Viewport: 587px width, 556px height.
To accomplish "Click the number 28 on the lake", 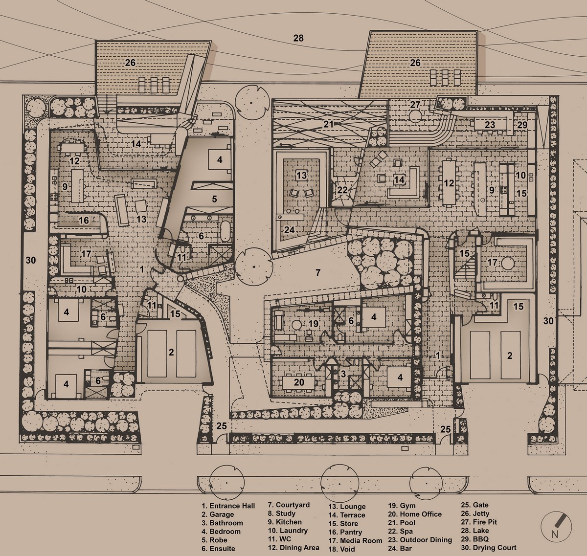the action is pyautogui.click(x=298, y=38).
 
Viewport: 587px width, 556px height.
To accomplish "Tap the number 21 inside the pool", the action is pyautogui.click(x=328, y=124).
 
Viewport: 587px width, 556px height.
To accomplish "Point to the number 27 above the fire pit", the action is pyautogui.click(x=415, y=105).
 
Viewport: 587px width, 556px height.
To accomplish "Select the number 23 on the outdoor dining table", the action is pyautogui.click(x=490, y=125).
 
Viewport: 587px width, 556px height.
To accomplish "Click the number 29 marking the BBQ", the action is pyautogui.click(x=522, y=125).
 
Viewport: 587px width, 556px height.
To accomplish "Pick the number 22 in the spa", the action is pyautogui.click(x=342, y=190).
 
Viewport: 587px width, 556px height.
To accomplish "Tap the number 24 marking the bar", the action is pyautogui.click(x=289, y=230).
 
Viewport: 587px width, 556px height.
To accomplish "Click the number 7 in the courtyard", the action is pyautogui.click(x=318, y=272).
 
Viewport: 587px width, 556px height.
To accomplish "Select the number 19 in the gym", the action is pyautogui.click(x=314, y=324).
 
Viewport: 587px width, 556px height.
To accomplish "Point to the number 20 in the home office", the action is pyautogui.click(x=299, y=382).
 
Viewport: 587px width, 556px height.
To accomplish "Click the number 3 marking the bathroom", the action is pyautogui.click(x=343, y=374).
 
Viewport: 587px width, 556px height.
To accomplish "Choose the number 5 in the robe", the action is pyautogui.click(x=214, y=199).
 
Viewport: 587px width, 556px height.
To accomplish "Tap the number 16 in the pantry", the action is pyautogui.click(x=84, y=221).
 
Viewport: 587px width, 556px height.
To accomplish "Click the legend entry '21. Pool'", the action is pyautogui.click(x=402, y=523).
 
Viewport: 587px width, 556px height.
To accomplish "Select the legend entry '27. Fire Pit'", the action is pyautogui.click(x=478, y=522).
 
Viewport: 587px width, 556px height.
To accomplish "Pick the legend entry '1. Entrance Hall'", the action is pyautogui.click(x=228, y=506).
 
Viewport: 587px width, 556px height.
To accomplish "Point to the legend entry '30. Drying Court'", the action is pyautogui.click(x=489, y=548).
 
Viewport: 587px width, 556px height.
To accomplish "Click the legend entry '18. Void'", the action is pyautogui.click(x=341, y=549).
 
